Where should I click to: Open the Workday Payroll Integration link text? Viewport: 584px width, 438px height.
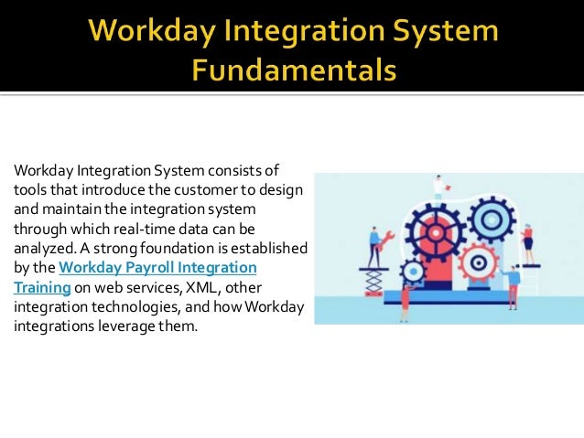coord(157,267)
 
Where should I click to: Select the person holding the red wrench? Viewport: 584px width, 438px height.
coord(374,245)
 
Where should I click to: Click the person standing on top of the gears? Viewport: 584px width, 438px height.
coord(438,186)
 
